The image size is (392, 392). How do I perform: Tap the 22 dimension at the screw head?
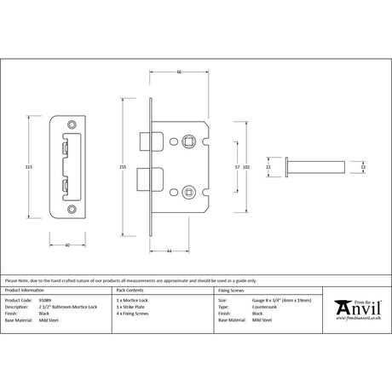pos(268,168)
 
